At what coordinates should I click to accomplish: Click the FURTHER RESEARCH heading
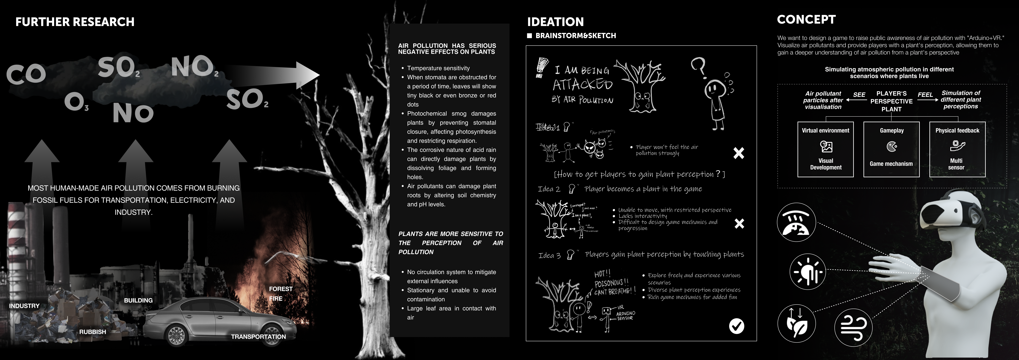[x=75, y=22]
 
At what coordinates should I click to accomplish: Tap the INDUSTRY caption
[x=24, y=306]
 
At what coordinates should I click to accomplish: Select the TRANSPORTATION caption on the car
[x=258, y=337]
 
